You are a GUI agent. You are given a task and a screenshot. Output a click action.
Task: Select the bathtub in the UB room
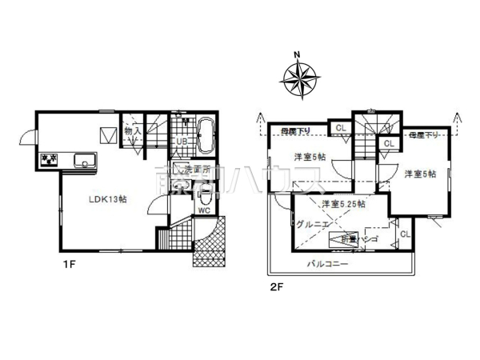pos(203,134)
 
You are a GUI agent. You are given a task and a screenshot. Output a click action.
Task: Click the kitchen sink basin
pos(84,161)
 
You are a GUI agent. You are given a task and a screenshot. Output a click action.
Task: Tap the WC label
pos(203,211)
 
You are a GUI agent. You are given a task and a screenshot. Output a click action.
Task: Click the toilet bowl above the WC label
pos(205,192)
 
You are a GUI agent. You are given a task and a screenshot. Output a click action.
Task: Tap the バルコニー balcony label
pos(330,263)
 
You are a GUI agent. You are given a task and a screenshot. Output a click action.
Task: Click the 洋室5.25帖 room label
pos(344,205)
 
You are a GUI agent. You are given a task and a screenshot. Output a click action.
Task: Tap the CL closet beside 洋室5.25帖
pos(404,234)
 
